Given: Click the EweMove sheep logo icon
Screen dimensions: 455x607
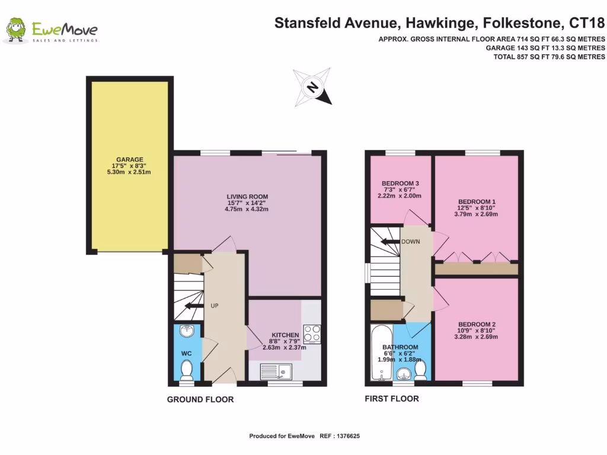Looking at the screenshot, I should [16, 31].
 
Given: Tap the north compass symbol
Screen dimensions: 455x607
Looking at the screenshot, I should [312, 87].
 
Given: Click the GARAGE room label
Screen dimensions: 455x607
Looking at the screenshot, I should [130, 160].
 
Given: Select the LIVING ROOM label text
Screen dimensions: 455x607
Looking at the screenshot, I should [247, 197].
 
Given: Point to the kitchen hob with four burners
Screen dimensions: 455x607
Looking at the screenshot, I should [312, 334].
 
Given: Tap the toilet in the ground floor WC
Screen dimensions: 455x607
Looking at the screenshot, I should [187, 370].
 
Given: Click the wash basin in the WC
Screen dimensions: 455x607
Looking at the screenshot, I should [187, 332].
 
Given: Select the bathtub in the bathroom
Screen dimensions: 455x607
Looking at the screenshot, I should [379, 351].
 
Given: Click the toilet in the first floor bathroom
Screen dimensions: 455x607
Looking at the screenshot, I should [420, 370].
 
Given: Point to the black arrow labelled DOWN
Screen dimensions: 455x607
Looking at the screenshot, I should [391, 242].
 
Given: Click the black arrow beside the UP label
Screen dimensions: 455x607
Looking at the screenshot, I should [193, 306].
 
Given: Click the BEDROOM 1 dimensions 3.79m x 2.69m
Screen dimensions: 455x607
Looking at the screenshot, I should [477, 214].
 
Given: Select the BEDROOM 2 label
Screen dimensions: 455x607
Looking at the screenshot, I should [477, 325].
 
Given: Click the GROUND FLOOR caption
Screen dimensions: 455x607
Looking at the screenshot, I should [200, 399].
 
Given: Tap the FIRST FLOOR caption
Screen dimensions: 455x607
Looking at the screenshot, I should [391, 399].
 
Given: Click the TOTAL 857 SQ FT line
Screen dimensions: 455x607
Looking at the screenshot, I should [549, 57].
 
